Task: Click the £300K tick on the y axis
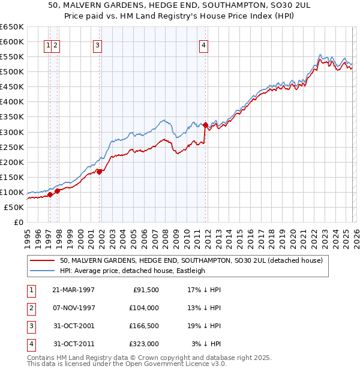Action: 12,132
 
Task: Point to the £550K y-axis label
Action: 12,57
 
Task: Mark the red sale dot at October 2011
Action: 206,125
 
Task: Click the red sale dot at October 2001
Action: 100,172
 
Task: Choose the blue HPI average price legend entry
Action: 133,271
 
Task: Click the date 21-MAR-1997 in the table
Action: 74,290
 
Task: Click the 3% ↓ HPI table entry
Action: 206,344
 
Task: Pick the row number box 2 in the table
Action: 30,308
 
